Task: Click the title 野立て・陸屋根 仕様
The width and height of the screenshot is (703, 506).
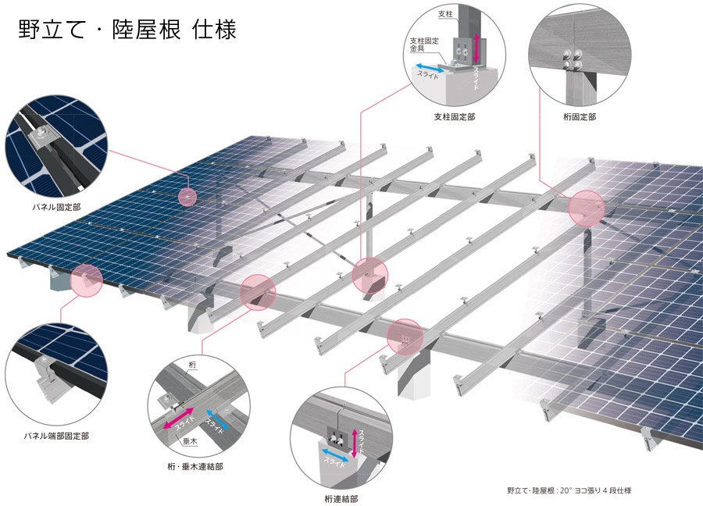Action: click(x=127, y=30)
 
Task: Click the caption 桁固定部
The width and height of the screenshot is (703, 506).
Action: click(x=579, y=116)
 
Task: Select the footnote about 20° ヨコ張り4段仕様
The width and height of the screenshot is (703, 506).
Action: click(x=569, y=490)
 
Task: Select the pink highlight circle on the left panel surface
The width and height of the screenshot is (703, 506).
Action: click(x=187, y=197)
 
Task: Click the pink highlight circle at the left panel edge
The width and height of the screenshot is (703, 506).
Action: click(x=87, y=280)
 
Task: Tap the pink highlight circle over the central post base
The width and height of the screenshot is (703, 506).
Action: click(x=369, y=276)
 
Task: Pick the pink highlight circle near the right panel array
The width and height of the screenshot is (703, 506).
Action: click(x=587, y=208)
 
